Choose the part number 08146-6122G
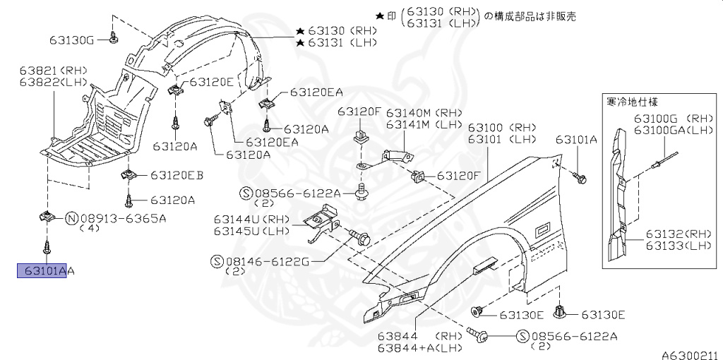pyautogui.click(x=268, y=261)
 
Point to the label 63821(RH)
pyautogui.click(x=42, y=71)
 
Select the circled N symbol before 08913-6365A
pyautogui.click(x=72, y=218)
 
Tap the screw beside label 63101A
pyautogui.click(x=580, y=178)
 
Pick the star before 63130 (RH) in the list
pyautogui.click(x=300, y=31)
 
